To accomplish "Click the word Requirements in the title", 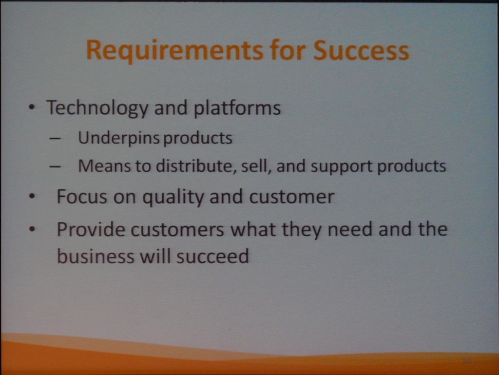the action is click(175, 50).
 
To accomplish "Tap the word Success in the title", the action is click(361, 50).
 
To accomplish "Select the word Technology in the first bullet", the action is click(97, 108).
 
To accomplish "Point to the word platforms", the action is click(237, 108).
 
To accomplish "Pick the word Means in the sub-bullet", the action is click(104, 166).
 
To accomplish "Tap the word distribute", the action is click(196, 166).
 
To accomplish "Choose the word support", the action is click(342, 167).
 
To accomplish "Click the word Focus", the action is click(82, 196).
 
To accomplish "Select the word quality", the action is click(173, 197).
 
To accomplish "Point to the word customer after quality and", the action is click(292, 197).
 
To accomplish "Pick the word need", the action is click(350, 229).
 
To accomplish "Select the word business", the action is click(96, 256).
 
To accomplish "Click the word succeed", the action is click(212, 256).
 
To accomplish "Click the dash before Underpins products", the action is click(55, 139).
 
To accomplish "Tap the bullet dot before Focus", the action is click(32, 197).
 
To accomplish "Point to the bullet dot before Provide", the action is click(32, 229).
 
